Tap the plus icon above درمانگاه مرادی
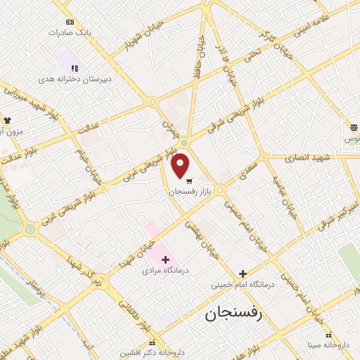pyautogui.click(x=166, y=259)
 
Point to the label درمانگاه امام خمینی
pyautogui.click(x=243, y=285)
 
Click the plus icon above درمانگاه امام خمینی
pyautogui.click(x=243, y=274)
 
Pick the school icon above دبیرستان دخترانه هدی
pyautogui.click(x=74, y=68)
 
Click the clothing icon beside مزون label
pyautogui.click(x=8, y=120)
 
